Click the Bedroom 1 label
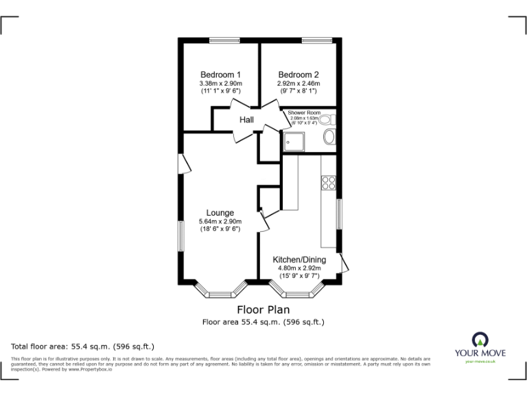pyautogui.click(x=220, y=75)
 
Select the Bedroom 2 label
pyautogui.click(x=298, y=75)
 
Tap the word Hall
pyautogui.click(x=247, y=120)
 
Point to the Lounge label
pyautogui.click(x=220, y=213)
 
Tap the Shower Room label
pyautogui.click(x=305, y=112)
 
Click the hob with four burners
pyautogui.click(x=328, y=183)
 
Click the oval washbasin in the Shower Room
pyautogui.click(x=329, y=137)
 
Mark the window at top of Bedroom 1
pyautogui.click(x=220, y=40)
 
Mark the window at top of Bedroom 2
pyautogui.click(x=316, y=40)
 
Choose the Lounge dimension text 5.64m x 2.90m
pyautogui.click(x=220, y=221)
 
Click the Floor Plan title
pyautogui.click(x=263, y=310)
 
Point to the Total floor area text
pyautogui.click(x=83, y=346)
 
